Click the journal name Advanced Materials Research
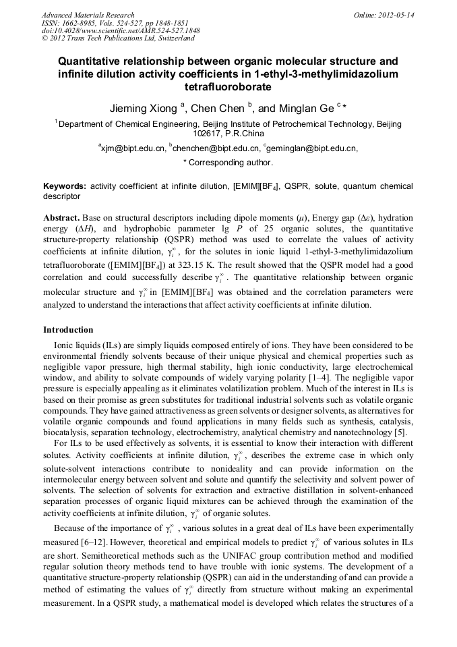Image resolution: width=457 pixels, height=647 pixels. (x=88, y=14)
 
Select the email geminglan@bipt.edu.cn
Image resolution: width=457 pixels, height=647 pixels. (x=311, y=148)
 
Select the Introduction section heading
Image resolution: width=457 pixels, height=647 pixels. (x=68, y=330)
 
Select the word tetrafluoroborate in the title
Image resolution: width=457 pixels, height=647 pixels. (x=228, y=87)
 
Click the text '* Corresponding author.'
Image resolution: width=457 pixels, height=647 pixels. (x=228, y=163)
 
